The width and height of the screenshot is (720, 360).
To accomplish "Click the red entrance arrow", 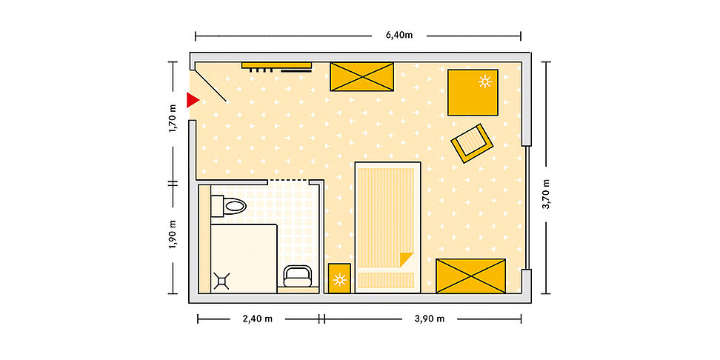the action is pyautogui.click(x=193, y=100).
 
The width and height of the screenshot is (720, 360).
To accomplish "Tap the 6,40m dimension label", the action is pyautogui.click(x=399, y=36).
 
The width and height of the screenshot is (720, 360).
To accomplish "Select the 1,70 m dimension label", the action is pyautogui.click(x=173, y=119).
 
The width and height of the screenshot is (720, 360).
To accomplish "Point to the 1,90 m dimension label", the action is pyautogui.click(x=173, y=234).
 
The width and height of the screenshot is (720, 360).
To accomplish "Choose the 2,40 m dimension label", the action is pyautogui.click(x=257, y=319).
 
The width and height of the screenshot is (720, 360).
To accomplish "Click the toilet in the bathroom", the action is pyautogui.click(x=229, y=206).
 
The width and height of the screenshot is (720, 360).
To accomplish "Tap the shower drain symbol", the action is pyautogui.click(x=221, y=281).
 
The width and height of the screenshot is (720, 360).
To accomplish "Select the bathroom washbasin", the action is pyautogui.click(x=298, y=276).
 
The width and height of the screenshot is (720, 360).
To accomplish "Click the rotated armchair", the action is pyautogui.click(x=472, y=143).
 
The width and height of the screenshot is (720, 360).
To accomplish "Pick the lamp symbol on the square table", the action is pyautogui.click(x=485, y=81).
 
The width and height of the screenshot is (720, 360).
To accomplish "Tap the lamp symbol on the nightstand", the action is pyautogui.click(x=340, y=279).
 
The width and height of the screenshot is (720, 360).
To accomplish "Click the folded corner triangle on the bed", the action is pyautogui.click(x=407, y=259).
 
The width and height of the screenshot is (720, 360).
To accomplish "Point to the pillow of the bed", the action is pyautogui.click(x=386, y=280).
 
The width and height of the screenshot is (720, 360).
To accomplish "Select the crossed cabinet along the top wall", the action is pyautogui.click(x=361, y=77).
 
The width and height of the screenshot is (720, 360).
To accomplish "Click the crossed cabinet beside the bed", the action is pyautogui.click(x=470, y=276).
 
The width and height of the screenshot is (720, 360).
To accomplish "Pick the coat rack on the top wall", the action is pyautogui.click(x=277, y=67).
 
